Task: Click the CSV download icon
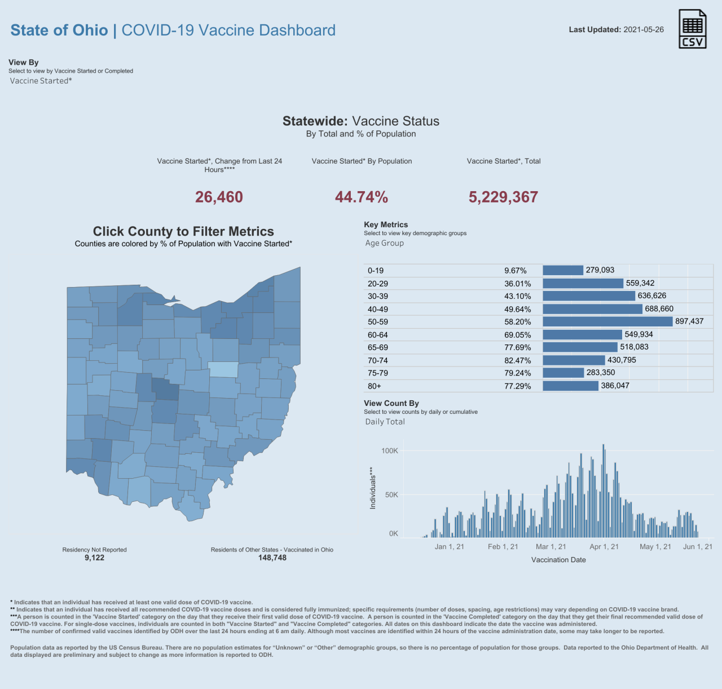click(x=692, y=29)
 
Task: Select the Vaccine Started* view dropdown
click(x=41, y=81)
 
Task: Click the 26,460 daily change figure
click(x=219, y=197)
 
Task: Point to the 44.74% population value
click(x=362, y=197)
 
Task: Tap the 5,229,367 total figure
click(x=503, y=197)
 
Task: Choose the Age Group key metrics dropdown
click(x=385, y=243)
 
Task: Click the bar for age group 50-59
click(x=607, y=321)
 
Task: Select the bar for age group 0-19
click(x=563, y=271)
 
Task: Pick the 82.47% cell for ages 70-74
click(x=517, y=360)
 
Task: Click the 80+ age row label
click(x=375, y=386)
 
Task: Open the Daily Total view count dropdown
click(x=385, y=422)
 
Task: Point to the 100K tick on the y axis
click(x=390, y=451)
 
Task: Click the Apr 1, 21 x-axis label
click(x=604, y=547)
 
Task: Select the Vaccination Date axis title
click(x=558, y=560)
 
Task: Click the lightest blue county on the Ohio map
click(x=223, y=369)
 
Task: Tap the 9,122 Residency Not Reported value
click(x=95, y=558)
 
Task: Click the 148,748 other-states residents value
click(x=272, y=558)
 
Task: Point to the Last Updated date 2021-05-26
click(x=644, y=29)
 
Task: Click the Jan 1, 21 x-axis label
click(x=450, y=547)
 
